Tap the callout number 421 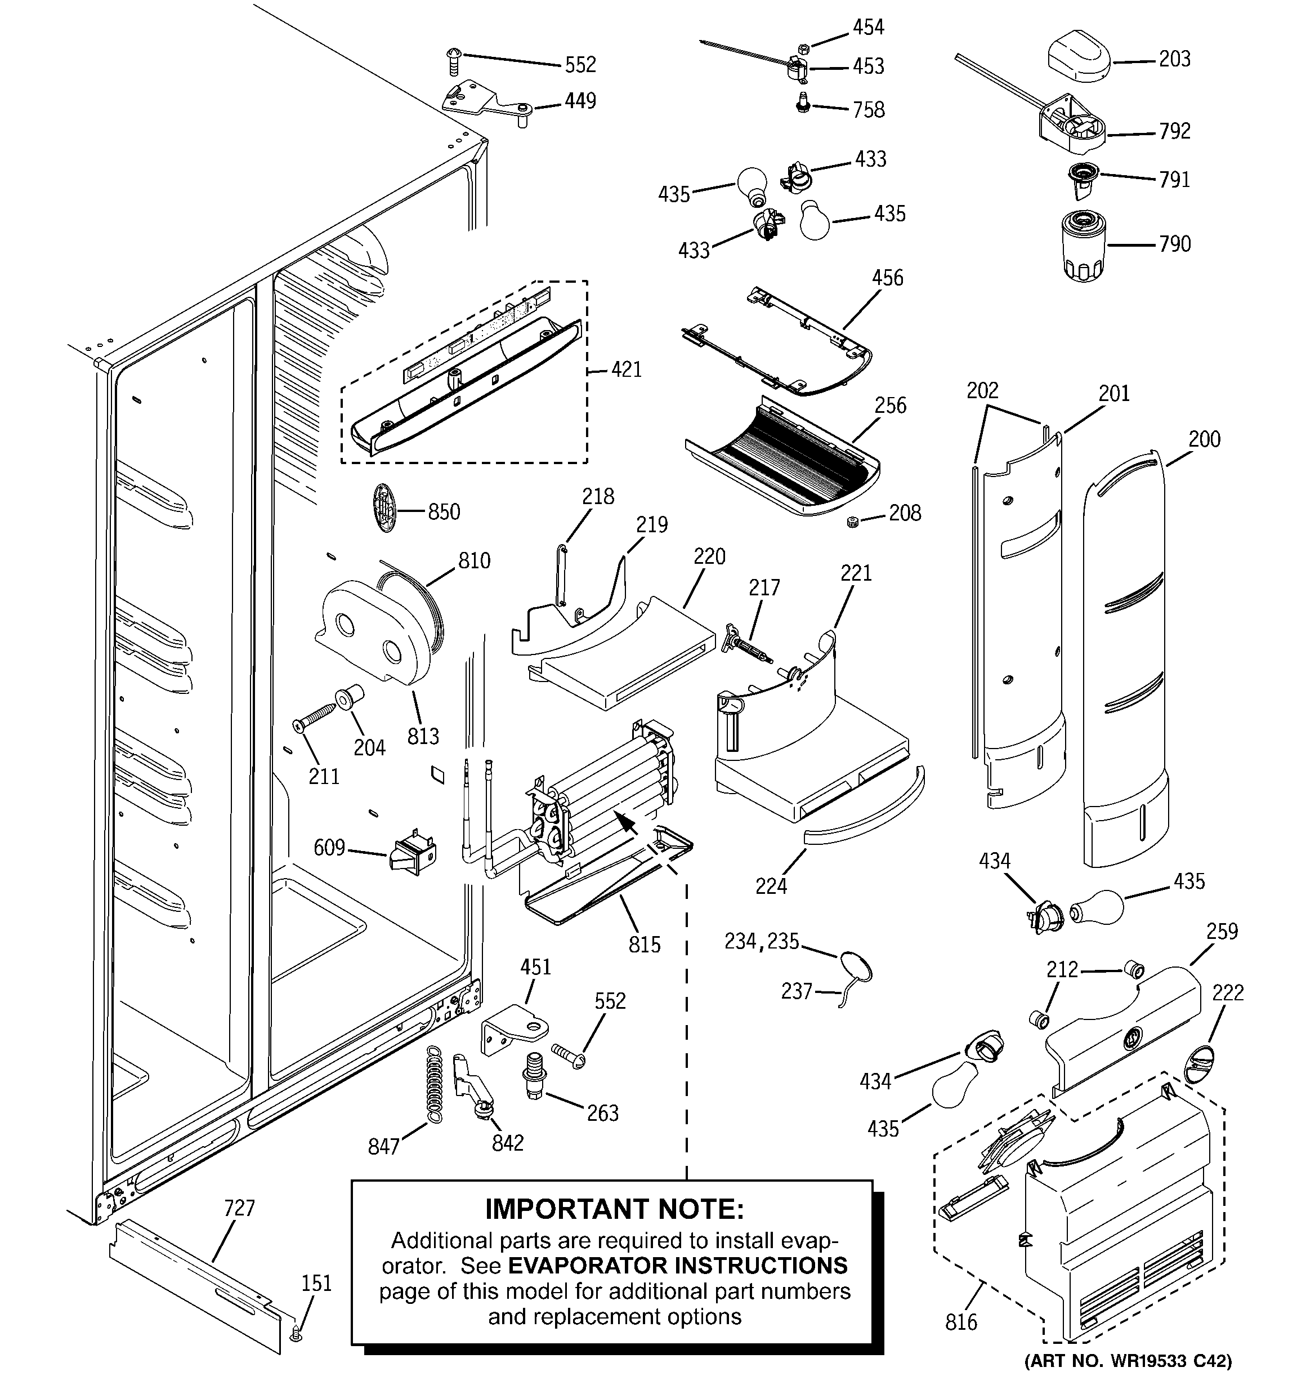pyautogui.click(x=626, y=369)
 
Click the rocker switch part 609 pyautogui.click(x=412, y=855)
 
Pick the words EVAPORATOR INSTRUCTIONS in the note pyautogui.click(x=677, y=1266)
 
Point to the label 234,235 pyautogui.click(x=761, y=941)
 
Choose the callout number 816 pyautogui.click(x=960, y=1322)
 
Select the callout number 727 pyautogui.click(x=239, y=1208)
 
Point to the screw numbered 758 pyautogui.click(x=803, y=105)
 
